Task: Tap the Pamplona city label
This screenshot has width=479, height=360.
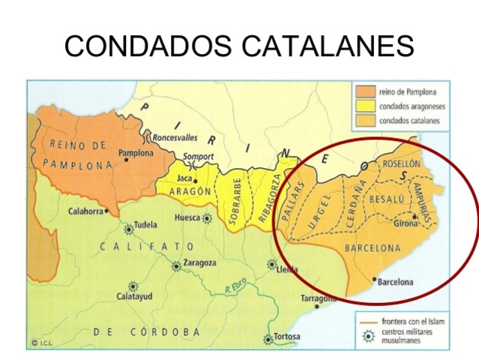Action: pyautogui.click(x=135, y=153)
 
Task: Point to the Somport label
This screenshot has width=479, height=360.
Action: pyautogui.click(x=199, y=157)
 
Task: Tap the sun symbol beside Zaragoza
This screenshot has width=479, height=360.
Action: pyautogui.click(x=175, y=265)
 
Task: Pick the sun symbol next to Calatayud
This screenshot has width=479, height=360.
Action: pyautogui.click(x=134, y=286)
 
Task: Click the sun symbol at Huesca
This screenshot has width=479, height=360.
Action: pyautogui.click(x=207, y=218)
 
